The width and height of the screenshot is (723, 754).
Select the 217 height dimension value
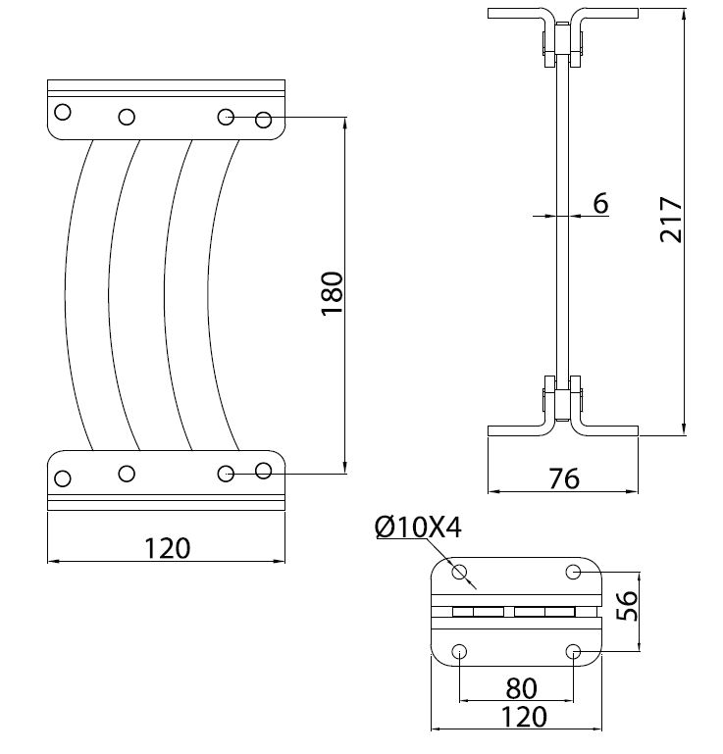pos(671,220)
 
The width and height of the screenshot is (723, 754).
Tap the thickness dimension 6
pos(600,203)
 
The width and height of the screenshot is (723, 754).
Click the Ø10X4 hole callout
pos(417,528)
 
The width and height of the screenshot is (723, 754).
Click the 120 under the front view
pos(167,547)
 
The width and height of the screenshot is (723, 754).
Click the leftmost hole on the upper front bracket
pos(63,112)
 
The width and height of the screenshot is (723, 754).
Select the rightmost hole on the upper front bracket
pos(263,120)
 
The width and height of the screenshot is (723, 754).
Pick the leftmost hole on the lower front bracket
pos(63,478)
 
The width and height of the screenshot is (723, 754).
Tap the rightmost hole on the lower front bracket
pos(263,471)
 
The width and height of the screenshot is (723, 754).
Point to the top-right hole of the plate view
pos(575,571)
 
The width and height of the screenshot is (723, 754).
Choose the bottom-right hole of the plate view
pos(575,651)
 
